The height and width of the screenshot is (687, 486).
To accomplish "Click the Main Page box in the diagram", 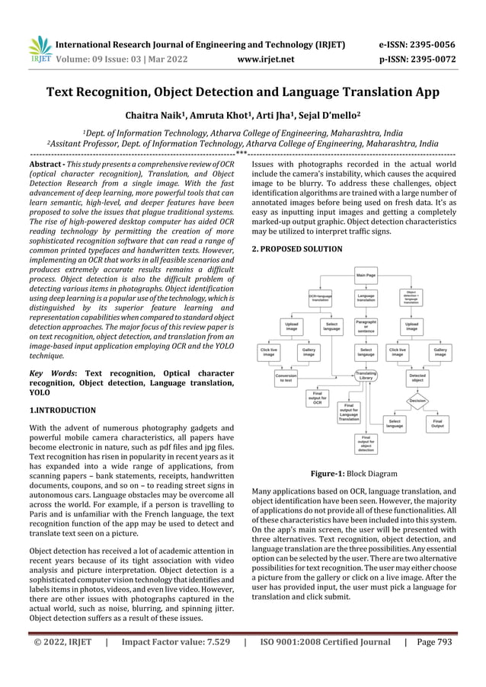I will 366,273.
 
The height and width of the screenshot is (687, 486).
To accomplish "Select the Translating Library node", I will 366,375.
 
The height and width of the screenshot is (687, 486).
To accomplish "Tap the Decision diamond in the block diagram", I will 417,400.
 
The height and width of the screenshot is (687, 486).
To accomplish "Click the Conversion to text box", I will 286,377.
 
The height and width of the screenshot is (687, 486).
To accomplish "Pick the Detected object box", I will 417,377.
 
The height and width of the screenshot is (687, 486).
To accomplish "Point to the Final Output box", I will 437,423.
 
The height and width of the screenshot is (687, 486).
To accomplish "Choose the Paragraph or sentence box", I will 366,327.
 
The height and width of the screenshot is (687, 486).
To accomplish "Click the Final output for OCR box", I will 317,397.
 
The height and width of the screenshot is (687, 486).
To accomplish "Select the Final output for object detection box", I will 366,443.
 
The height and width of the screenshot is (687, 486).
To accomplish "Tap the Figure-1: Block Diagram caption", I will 353,474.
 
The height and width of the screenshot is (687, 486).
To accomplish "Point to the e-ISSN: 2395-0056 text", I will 421,44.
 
